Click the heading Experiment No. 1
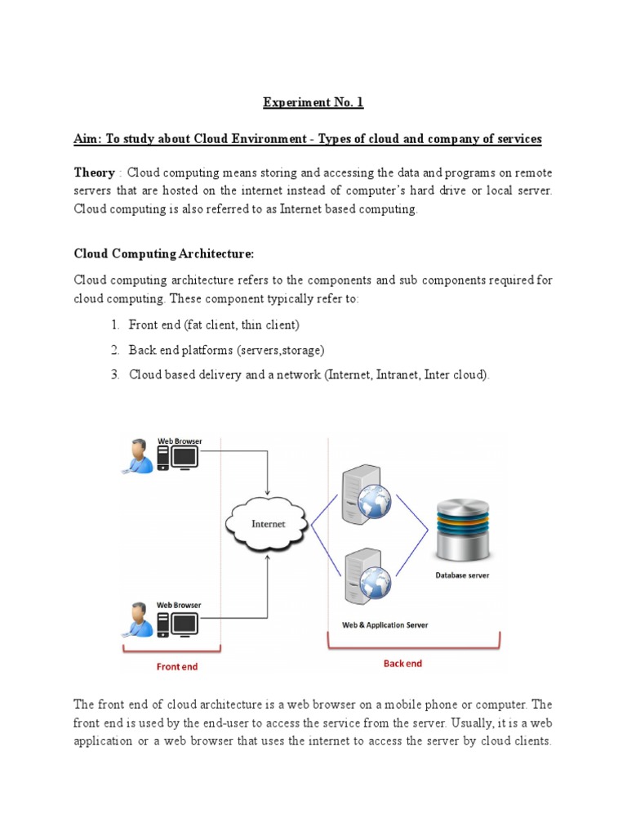[313, 102]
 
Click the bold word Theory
[95, 172]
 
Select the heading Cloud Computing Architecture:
[158, 254]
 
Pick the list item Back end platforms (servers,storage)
[227, 350]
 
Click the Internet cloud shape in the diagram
[268, 523]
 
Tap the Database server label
[462, 575]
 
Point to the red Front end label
[176, 666]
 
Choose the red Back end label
[402, 663]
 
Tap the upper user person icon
[139, 456]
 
